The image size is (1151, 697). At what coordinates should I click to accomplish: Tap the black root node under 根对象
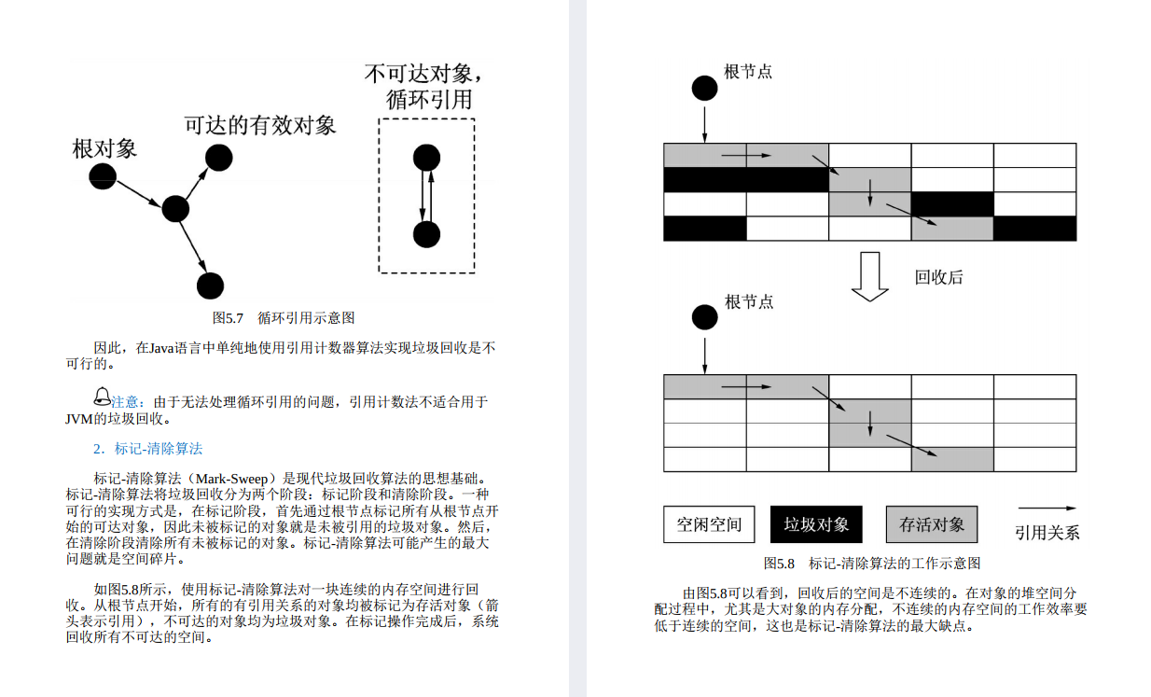tap(103, 175)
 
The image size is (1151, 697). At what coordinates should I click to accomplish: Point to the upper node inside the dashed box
tap(426, 159)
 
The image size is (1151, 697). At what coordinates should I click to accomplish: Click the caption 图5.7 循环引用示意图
tap(284, 317)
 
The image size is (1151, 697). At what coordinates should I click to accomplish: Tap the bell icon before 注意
tap(103, 397)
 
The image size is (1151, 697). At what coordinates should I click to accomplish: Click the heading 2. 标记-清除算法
tap(148, 449)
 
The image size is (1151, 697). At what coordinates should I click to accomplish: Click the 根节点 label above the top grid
tap(748, 72)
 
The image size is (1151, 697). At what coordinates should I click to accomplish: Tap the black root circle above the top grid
tap(705, 89)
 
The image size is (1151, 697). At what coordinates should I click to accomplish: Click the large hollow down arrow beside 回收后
tap(870, 277)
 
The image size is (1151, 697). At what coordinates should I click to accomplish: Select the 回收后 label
tap(938, 277)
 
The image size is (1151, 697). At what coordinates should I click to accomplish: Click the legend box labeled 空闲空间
tap(709, 524)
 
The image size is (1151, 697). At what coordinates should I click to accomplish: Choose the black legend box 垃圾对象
tap(816, 524)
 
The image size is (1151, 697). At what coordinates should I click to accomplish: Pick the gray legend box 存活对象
tap(932, 524)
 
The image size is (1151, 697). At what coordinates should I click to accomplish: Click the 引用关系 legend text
tap(1047, 533)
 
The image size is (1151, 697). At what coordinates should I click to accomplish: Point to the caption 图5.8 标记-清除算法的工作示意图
tap(871, 564)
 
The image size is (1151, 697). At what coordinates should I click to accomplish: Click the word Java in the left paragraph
tap(164, 348)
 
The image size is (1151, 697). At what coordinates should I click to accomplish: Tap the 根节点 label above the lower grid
tap(749, 302)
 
